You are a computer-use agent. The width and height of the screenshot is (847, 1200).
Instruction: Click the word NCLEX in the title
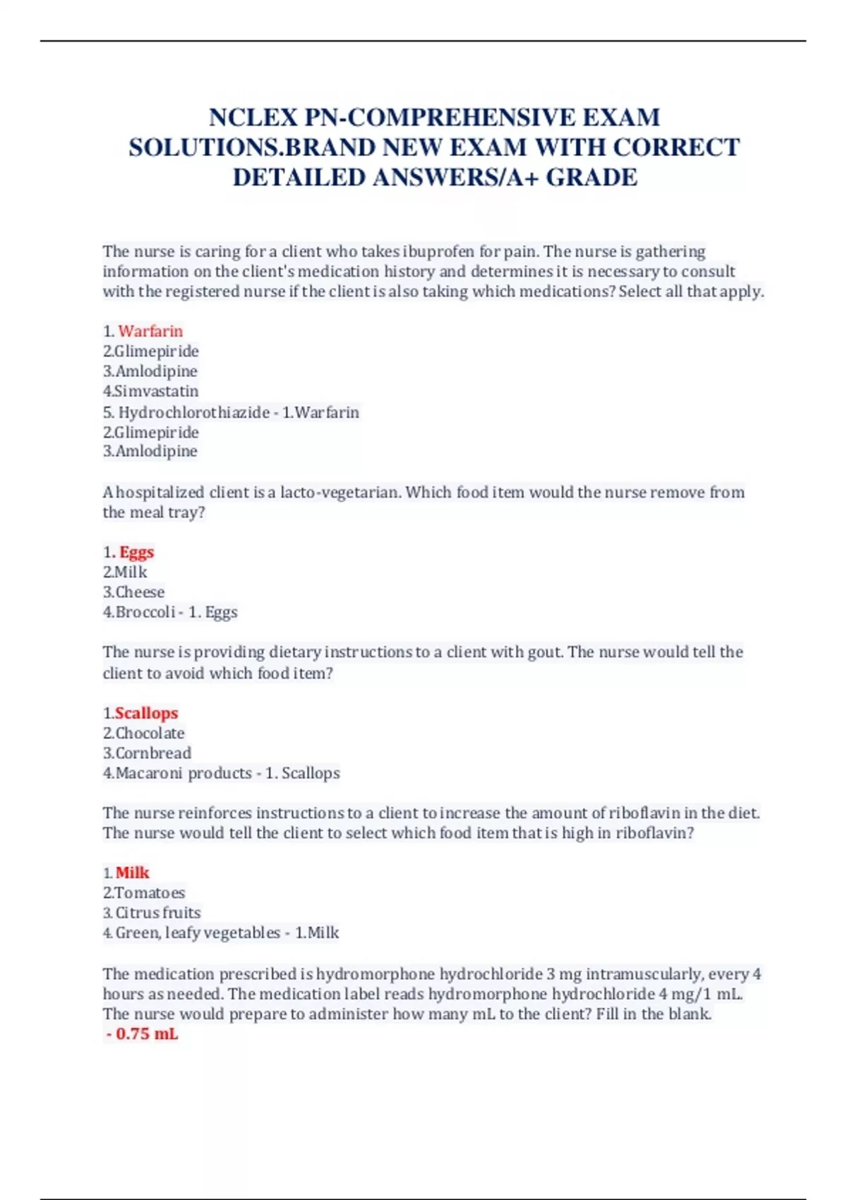[253, 117]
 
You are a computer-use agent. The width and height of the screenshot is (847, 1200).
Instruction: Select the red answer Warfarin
[150, 331]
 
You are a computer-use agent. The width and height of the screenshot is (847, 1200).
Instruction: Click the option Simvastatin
[157, 391]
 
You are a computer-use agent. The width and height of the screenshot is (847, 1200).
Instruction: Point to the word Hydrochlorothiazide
[193, 412]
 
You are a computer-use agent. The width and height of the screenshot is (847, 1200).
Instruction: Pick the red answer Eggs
[136, 552]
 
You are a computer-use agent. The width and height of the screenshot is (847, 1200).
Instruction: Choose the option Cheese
[140, 592]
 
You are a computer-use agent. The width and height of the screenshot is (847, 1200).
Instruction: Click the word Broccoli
[145, 612]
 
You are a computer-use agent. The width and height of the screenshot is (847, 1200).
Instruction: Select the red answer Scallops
[146, 713]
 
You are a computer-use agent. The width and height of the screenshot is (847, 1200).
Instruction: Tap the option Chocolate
[150, 733]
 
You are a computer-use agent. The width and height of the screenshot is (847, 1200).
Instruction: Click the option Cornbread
[153, 753]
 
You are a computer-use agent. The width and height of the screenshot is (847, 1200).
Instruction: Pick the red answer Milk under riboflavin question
[133, 873]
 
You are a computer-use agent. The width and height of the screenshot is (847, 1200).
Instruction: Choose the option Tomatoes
[150, 893]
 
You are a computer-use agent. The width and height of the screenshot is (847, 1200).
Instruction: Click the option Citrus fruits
[158, 913]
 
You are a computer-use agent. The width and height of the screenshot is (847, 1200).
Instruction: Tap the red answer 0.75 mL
[147, 1034]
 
